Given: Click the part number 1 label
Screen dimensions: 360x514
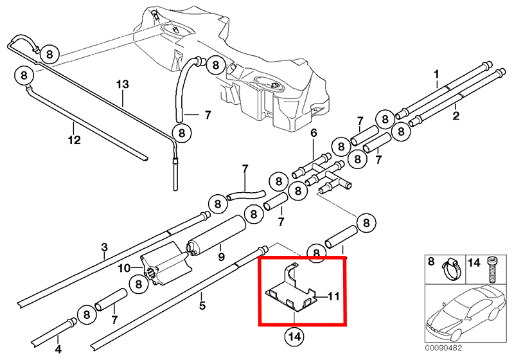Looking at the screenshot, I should [x=436, y=74].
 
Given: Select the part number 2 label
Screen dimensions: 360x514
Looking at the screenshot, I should [x=456, y=116].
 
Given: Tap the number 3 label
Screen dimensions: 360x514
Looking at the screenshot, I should [x=104, y=247].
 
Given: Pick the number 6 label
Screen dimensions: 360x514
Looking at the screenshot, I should [x=314, y=133].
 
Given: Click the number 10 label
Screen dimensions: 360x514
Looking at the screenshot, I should [x=123, y=267].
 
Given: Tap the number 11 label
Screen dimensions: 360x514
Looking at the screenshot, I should [x=333, y=296].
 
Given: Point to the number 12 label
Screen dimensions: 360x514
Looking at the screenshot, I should [x=74, y=139].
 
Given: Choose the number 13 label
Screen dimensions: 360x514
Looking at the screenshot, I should [x=123, y=84].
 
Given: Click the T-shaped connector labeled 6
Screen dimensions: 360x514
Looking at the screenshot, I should [x=321, y=172].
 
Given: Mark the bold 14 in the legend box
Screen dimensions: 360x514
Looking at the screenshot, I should [x=474, y=262].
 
